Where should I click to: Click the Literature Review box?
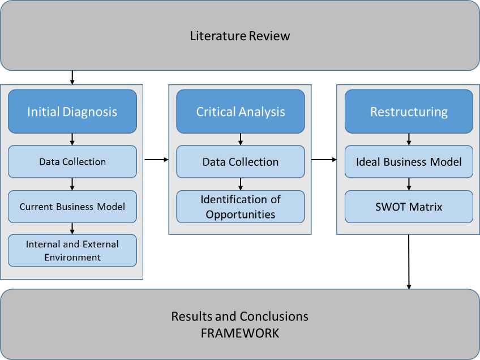pyautogui.click(x=240, y=36)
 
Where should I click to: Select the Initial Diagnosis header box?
pyautogui.click(x=72, y=112)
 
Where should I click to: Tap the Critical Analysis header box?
pyautogui.click(x=240, y=112)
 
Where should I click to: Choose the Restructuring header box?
pyautogui.click(x=409, y=112)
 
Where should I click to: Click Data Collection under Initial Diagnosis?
pyautogui.click(x=72, y=162)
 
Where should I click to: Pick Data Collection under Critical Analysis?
pyautogui.click(x=240, y=162)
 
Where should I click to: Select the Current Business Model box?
pyautogui.click(x=72, y=207)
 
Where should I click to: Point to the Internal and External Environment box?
pyautogui.click(x=72, y=251)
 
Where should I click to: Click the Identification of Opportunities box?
pyautogui.click(x=240, y=207)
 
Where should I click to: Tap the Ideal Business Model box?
pyautogui.click(x=409, y=162)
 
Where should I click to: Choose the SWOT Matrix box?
pyautogui.click(x=409, y=207)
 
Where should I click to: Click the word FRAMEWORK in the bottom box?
pyautogui.click(x=240, y=333)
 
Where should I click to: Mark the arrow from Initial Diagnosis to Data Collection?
pyautogui.click(x=72, y=139)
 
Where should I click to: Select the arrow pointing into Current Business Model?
pyautogui.click(x=72, y=184)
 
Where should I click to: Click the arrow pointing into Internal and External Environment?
pyautogui.click(x=72, y=228)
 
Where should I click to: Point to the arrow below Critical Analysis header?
pyautogui.click(x=241, y=139)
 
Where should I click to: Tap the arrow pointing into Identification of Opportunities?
pyautogui.click(x=241, y=184)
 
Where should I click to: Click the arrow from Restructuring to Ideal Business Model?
pyautogui.click(x=409, y=139)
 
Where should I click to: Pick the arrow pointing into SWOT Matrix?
pyautogui.click(x=409, y=184)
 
